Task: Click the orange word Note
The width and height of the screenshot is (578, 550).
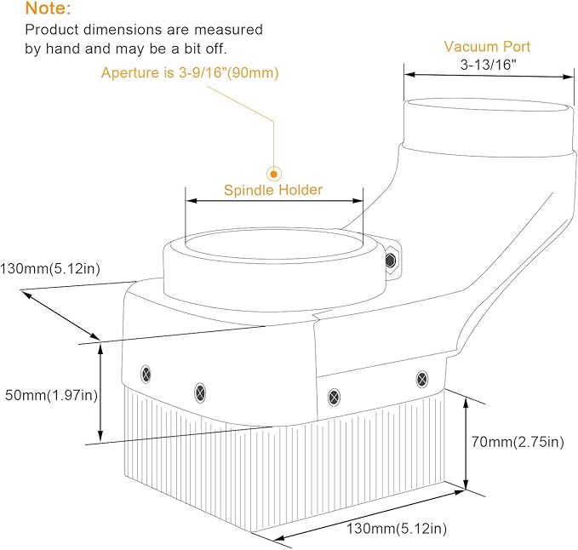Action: click(48, 9)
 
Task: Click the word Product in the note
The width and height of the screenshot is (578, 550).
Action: click(52, 30)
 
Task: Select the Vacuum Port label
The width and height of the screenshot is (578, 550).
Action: click(487, 47)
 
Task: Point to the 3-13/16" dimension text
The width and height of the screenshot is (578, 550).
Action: click(489, 65)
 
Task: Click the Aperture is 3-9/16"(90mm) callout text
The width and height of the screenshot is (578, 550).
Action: click(190, 72)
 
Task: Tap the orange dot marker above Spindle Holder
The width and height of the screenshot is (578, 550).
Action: click(274, 174)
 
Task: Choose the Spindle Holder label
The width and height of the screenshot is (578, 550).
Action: click(273, 190)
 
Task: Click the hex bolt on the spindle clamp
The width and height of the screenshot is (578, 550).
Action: click(391, 261)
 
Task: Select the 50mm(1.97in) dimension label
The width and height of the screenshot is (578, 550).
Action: click(51, 395)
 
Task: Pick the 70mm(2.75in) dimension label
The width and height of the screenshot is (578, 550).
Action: click(518, 442)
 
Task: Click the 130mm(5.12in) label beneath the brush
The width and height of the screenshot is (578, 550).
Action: click(397, 529)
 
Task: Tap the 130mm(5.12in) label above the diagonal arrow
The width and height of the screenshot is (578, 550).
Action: click(50, 269)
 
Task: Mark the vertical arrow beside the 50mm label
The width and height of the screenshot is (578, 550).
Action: click(100, 391)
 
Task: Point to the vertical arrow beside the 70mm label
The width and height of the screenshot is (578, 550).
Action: click(466, 444)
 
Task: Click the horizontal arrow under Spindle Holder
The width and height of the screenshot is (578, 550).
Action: click(274, 201)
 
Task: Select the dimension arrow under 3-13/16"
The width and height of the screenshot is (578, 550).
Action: click(489, 76)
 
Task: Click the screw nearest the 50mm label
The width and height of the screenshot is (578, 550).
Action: click(146, 375)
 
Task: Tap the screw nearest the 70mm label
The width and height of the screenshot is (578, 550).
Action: click(422, 379)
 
